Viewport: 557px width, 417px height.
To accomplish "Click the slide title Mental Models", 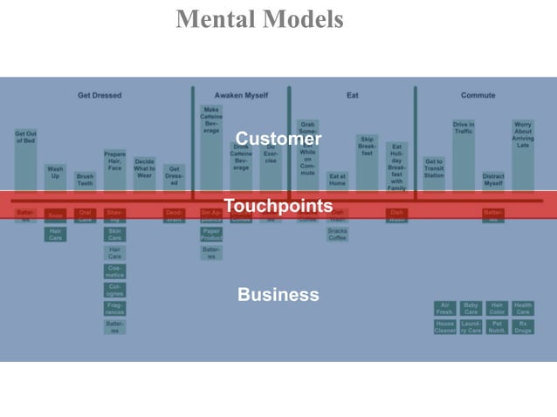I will [259, 19].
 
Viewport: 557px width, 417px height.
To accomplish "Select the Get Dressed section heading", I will [100, 95].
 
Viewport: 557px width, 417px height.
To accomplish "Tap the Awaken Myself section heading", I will [241, 95].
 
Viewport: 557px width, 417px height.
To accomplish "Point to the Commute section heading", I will [478, 95].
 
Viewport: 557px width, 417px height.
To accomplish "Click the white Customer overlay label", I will [278, 140].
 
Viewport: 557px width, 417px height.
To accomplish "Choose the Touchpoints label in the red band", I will [278, 206].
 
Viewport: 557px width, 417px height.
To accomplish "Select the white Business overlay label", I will [278, 295].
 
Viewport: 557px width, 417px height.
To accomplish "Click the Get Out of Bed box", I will [25, 138].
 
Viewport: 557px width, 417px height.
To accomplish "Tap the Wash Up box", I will [55, 172].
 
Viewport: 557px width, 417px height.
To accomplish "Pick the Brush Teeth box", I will [85, 180].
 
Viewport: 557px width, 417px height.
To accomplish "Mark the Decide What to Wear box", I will [145, 167].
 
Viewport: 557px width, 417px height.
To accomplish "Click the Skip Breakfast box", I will [367, 146].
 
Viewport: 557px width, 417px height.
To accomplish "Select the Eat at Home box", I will [337, 180].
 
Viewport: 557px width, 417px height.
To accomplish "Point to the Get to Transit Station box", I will [434, 167].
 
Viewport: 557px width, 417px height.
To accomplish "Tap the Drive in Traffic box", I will [464, 128].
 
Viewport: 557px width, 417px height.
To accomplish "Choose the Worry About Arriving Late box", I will [523, 134].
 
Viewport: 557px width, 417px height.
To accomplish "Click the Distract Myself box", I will [493, 180].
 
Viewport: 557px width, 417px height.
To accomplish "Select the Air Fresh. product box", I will [445, 308].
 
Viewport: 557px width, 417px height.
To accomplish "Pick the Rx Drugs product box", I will [523, 326].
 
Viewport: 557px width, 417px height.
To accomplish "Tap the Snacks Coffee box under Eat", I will [337, 234].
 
